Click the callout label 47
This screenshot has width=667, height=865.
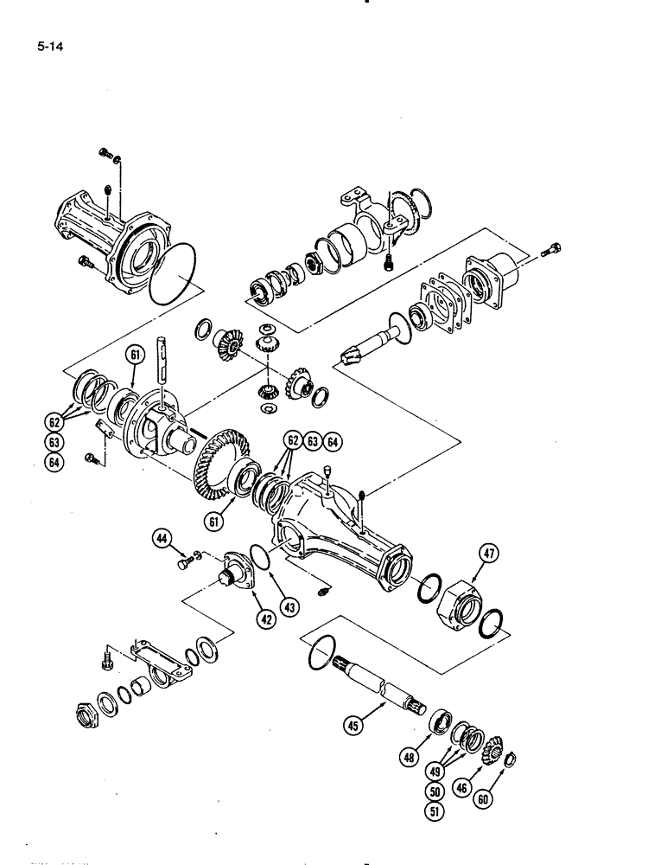[x=484, y=555]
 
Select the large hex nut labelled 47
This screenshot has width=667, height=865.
[x=455, y=602]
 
